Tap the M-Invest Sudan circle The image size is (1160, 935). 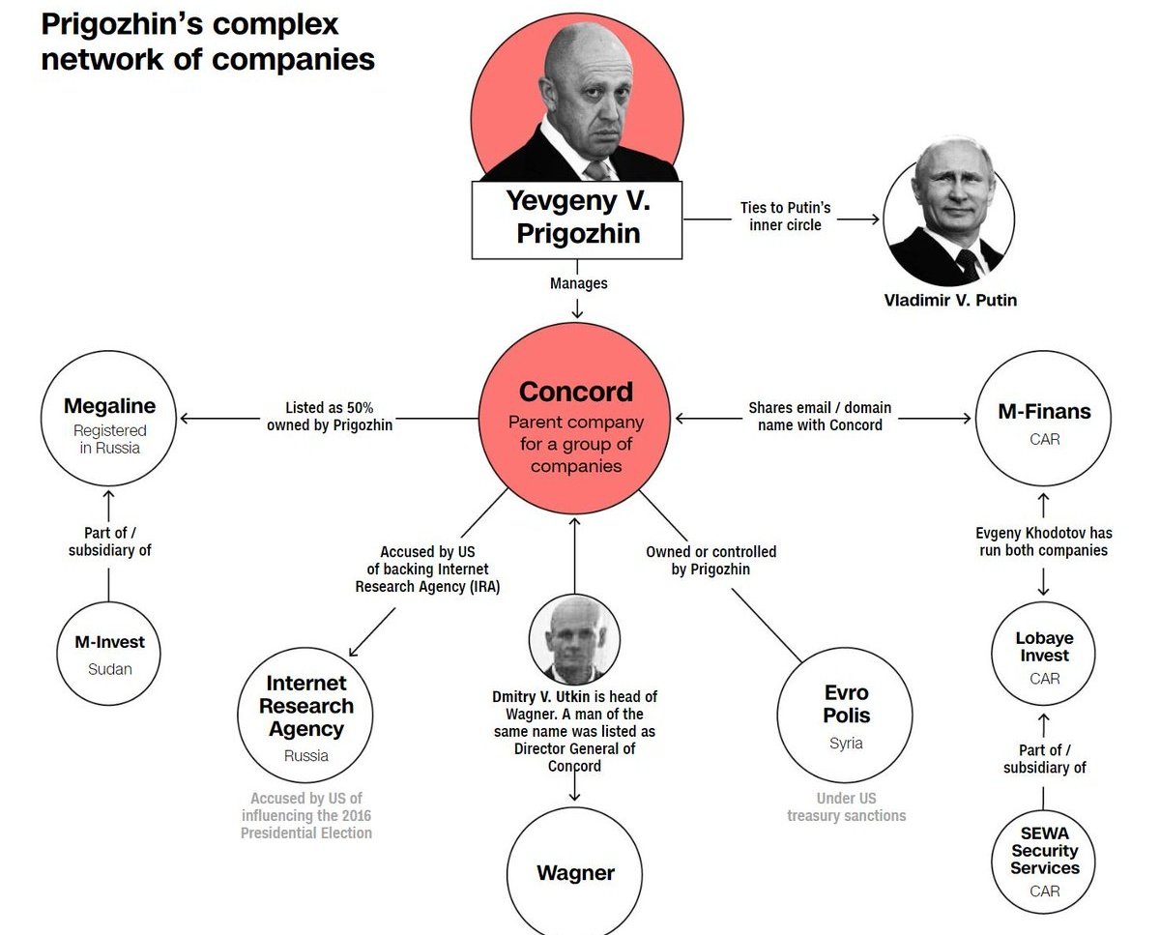(x=109, y=653)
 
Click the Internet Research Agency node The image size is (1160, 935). (x=306, y=716)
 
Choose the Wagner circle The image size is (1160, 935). (x=575, y=873)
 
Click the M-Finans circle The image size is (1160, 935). (x=1044, y=422)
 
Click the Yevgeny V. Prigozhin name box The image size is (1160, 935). (x=577, y=218)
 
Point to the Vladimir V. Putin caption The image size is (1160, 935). (x=950, y=300)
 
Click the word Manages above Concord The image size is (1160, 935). (x=578, y=283)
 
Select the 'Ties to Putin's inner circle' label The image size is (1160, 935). (x=784, y=217)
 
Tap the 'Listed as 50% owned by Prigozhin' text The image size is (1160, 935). (x=330, y=416)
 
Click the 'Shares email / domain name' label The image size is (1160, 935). (x=820, y=416)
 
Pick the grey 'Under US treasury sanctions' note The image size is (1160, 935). (x=846, y=806)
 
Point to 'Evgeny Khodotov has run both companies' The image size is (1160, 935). (x=1044, y=541)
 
